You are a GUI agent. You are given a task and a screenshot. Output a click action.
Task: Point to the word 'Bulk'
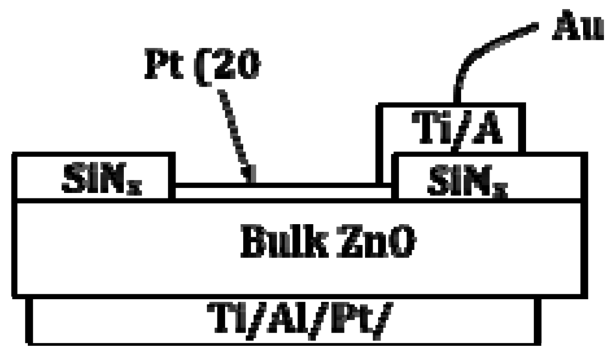coord(273,243)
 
